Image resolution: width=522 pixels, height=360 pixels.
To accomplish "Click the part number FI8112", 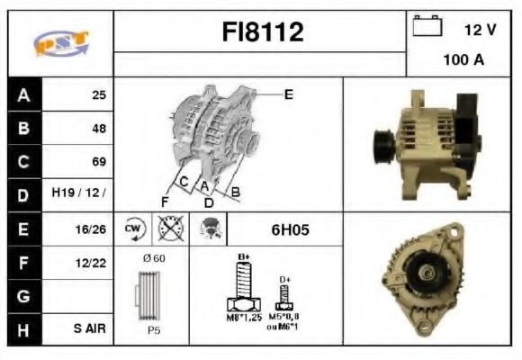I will [263, 33].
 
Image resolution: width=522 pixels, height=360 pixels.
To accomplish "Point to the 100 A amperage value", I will [463, 60].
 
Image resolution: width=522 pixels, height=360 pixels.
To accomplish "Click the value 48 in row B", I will [97, 129].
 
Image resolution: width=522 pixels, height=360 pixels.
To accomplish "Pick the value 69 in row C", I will [97, 162].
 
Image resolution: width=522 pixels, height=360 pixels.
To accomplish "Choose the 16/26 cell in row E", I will [91, 229].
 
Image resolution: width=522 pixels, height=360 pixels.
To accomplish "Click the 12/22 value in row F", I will [91, 263].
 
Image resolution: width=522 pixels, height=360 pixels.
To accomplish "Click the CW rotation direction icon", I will [134, 229].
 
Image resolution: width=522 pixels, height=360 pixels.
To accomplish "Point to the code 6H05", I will [290, 229].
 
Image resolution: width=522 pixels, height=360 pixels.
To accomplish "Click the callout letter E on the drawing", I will [288, 93].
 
